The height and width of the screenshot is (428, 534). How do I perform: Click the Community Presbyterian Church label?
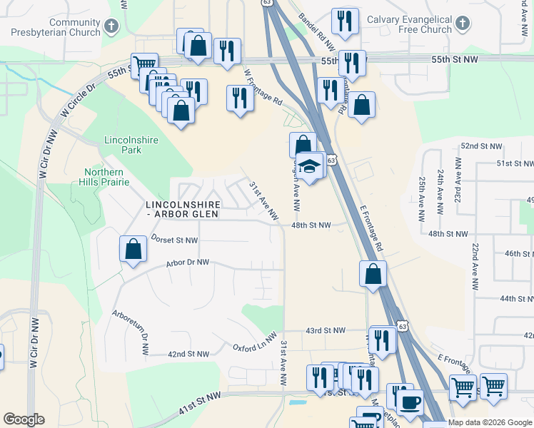pyautogui.click(x=54, y=28)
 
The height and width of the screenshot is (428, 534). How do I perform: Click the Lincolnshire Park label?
pyautogui.click(x=131, y=146)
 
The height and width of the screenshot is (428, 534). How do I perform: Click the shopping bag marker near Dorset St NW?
pyautogui.click(x=133, y=250)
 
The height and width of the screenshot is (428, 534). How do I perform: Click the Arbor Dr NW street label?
pyautogui.click(x=187, y=263)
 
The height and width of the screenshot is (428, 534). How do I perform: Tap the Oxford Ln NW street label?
pyautogui.click(x=254, y=342)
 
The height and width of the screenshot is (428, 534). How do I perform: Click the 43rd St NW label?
pyautogui.click(x=325, y=331)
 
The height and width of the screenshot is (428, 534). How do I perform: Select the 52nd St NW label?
pyautogui.click(x=482, y=146)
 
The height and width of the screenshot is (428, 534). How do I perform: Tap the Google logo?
pyautogui.click(x=24, y=419)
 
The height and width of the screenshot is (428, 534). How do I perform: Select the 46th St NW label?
pyautogui.click(x=519, y=254)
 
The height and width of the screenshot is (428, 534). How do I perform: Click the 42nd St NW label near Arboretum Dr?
pyautogui.click(x=188, y=354)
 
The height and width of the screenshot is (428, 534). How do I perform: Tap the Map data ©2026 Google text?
pyautogui.click(x=489, y=423)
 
